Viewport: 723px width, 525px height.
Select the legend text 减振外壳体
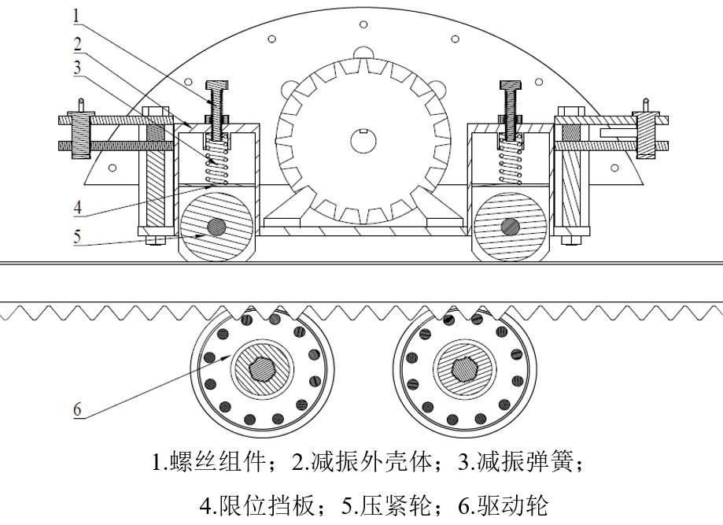tap(365, 463)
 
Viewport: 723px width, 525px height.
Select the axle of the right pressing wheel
tap(510, 227)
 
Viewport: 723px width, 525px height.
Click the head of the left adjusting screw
tap(216, 85)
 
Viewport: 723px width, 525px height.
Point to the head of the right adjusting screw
tap(507, 85)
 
